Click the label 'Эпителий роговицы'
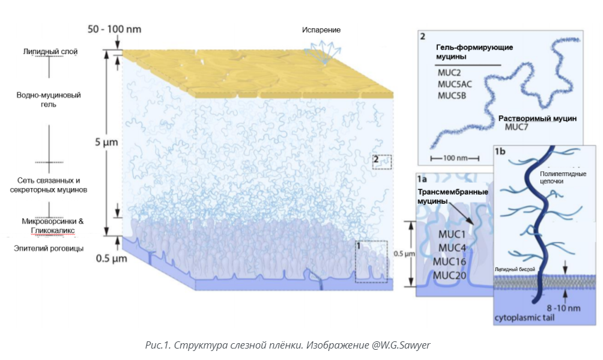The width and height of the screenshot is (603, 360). tap(48, 248)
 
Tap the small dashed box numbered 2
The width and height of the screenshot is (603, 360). tap(382, 161)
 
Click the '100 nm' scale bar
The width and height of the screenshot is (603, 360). tap(454, 158)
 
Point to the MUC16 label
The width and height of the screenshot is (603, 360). tap(451, 261)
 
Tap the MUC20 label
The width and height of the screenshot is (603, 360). tap(451, 275)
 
